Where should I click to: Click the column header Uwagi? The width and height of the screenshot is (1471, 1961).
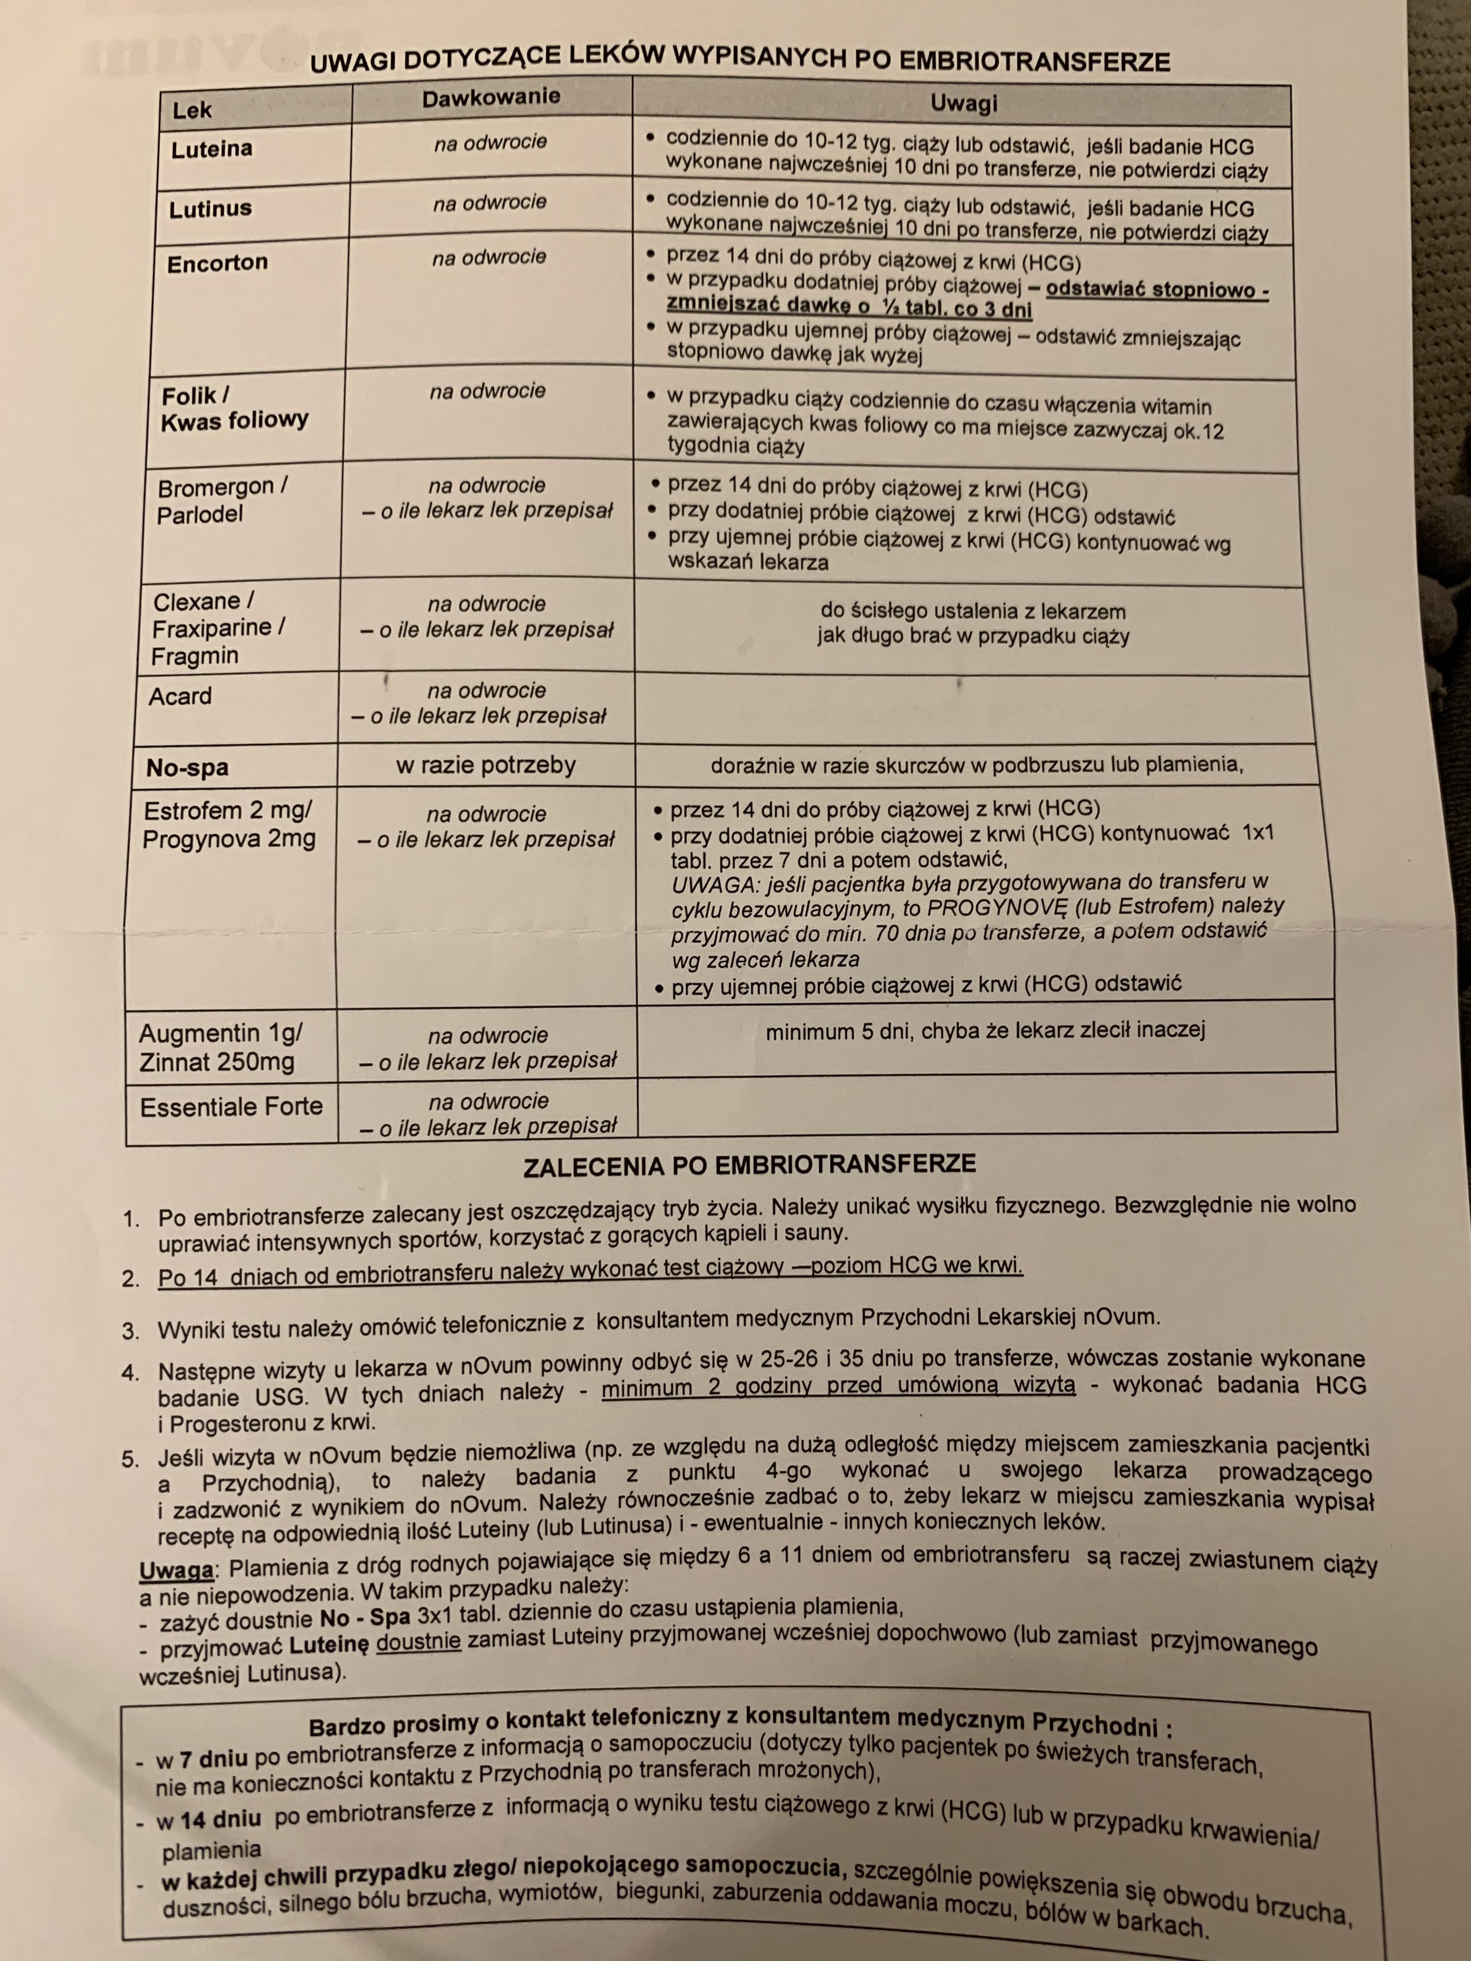[964, 104]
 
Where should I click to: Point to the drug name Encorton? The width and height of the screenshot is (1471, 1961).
[217, 263]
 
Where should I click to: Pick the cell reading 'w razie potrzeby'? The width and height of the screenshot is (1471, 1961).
[486, 765]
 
